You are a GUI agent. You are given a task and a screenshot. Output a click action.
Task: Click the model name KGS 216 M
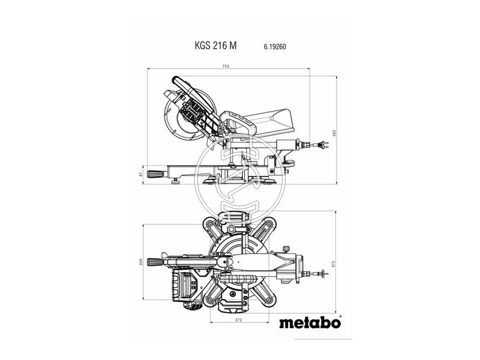point(215,46)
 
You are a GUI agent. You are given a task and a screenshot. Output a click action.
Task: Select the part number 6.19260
point(275,47)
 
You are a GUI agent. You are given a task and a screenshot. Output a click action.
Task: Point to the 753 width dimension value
point(226,66)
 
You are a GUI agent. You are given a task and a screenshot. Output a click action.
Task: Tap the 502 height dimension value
point(334,133)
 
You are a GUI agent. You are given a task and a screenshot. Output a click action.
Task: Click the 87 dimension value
point(141,174)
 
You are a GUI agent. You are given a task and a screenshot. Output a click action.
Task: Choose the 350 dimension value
point(141,262)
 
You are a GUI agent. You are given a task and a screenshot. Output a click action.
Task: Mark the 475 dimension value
point(334,264)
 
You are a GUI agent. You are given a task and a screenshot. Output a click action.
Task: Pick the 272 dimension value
point(239,320)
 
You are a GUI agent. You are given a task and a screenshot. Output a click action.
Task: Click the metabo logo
point(310,323)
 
